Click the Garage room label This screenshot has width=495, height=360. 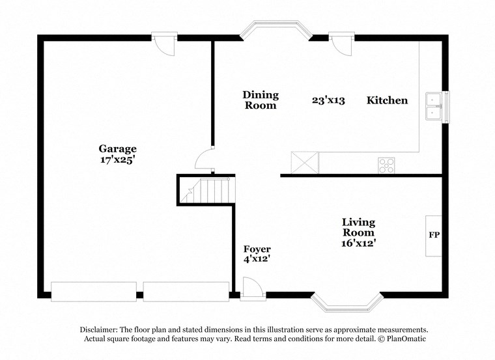(117, 148)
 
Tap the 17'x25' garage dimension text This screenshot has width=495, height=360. (117, 159)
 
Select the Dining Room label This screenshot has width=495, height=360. (260, 100)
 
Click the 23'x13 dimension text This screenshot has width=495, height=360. (328, 100)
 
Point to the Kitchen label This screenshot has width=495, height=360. (387, 100)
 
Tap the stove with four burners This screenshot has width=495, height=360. (387, 165)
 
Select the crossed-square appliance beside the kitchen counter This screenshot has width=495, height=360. (304, 162)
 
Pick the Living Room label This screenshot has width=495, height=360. (358, 227)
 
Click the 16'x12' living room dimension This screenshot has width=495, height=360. (358, 243)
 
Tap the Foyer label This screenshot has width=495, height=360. (257, 249)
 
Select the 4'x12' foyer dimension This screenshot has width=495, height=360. (257, 260)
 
